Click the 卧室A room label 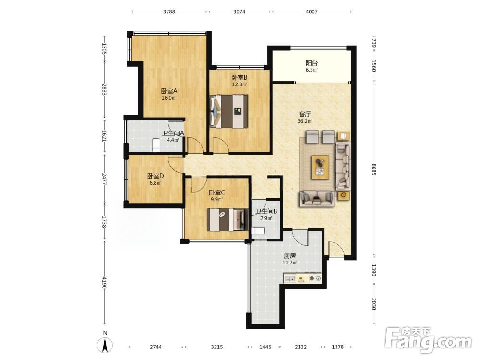click(169, 91)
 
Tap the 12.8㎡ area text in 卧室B click(239, 84)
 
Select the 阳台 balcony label click(312, 63)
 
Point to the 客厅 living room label click(305, 114)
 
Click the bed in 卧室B click(229, 111)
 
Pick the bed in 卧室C click(228, 220)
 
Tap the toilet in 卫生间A click(156, 145)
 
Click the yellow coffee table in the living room click(320, 167)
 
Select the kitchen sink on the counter click(289, 278)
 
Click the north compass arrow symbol click(105, 345)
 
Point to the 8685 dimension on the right click(374, 169)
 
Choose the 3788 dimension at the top click(169, 12)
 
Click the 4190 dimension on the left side click(104, 283)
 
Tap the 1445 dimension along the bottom click(265, 347)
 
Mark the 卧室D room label click(156, 176)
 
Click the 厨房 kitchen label click(289, 256)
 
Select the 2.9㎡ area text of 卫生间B click(266, 218)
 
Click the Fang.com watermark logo click(428, 340)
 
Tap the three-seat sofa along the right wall click(343, 166)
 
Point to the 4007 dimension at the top click(312, 12)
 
